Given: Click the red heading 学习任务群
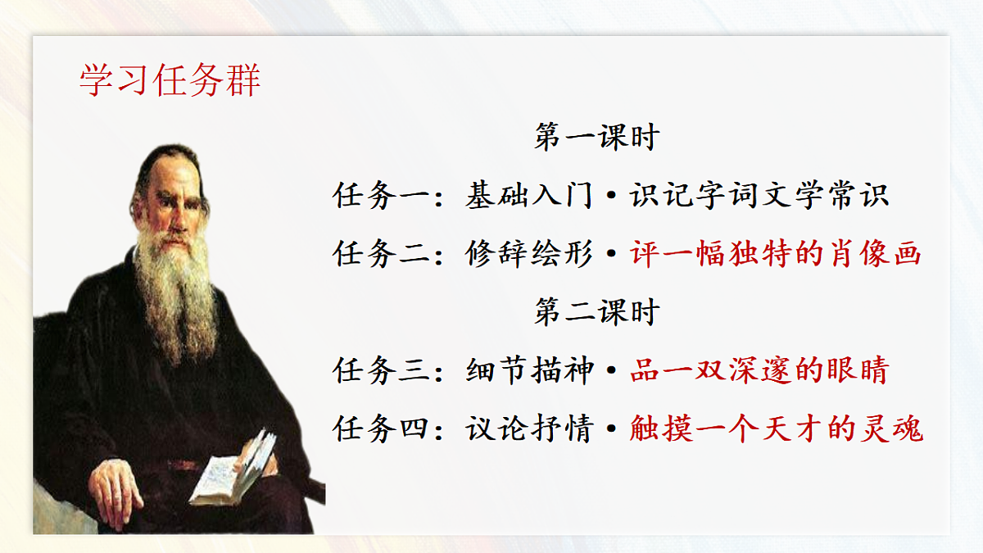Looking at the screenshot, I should (170, 80).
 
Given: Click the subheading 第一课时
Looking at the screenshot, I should (596, 137).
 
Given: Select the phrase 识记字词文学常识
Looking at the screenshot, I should (759, 196).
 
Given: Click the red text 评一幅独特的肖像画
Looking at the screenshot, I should (776, 254).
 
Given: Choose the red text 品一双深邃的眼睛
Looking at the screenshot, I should (759, 370).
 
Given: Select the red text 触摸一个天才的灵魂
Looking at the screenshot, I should (776, 428).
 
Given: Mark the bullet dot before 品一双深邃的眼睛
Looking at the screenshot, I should (611, 372).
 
